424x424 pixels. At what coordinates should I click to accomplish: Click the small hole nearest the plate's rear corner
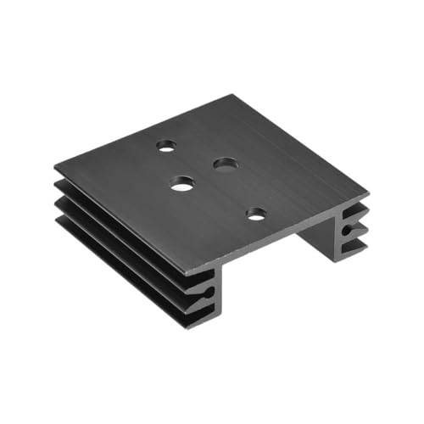tap(167, 145)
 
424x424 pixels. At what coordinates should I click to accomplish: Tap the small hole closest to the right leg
tap(256, 215)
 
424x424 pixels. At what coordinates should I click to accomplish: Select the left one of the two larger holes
tap(181, 182)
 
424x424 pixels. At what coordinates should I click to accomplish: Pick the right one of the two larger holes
tap(225, 164)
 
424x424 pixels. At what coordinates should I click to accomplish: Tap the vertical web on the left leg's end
tap(214, 293)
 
